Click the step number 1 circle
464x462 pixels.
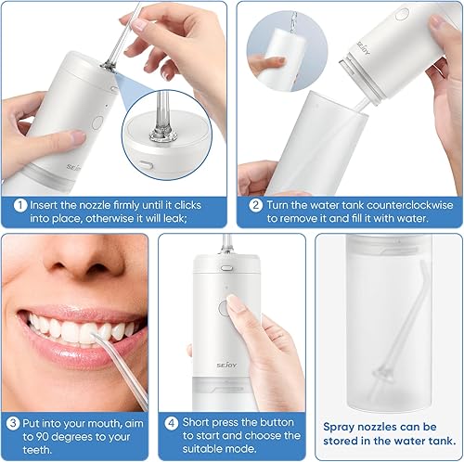click(x=20, y=204)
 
